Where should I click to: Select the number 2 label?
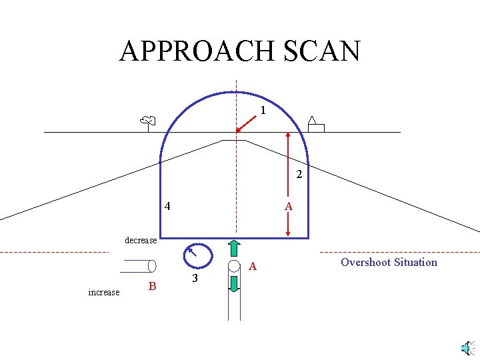pos(299,175)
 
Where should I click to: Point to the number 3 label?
pos(195,278)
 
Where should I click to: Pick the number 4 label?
pos(167,207)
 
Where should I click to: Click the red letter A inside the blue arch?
pos(288,207)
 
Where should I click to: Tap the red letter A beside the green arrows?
pos(253,267)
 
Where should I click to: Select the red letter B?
pos(153,287)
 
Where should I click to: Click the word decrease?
pos(141,240)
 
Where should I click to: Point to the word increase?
pos(104,292)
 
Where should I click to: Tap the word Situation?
pos(417,262)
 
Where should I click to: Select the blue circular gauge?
pos(198,255)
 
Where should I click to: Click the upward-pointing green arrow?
pos(234,248)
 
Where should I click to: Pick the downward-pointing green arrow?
pos(234,283)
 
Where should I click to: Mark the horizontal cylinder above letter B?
pos(138,266)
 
